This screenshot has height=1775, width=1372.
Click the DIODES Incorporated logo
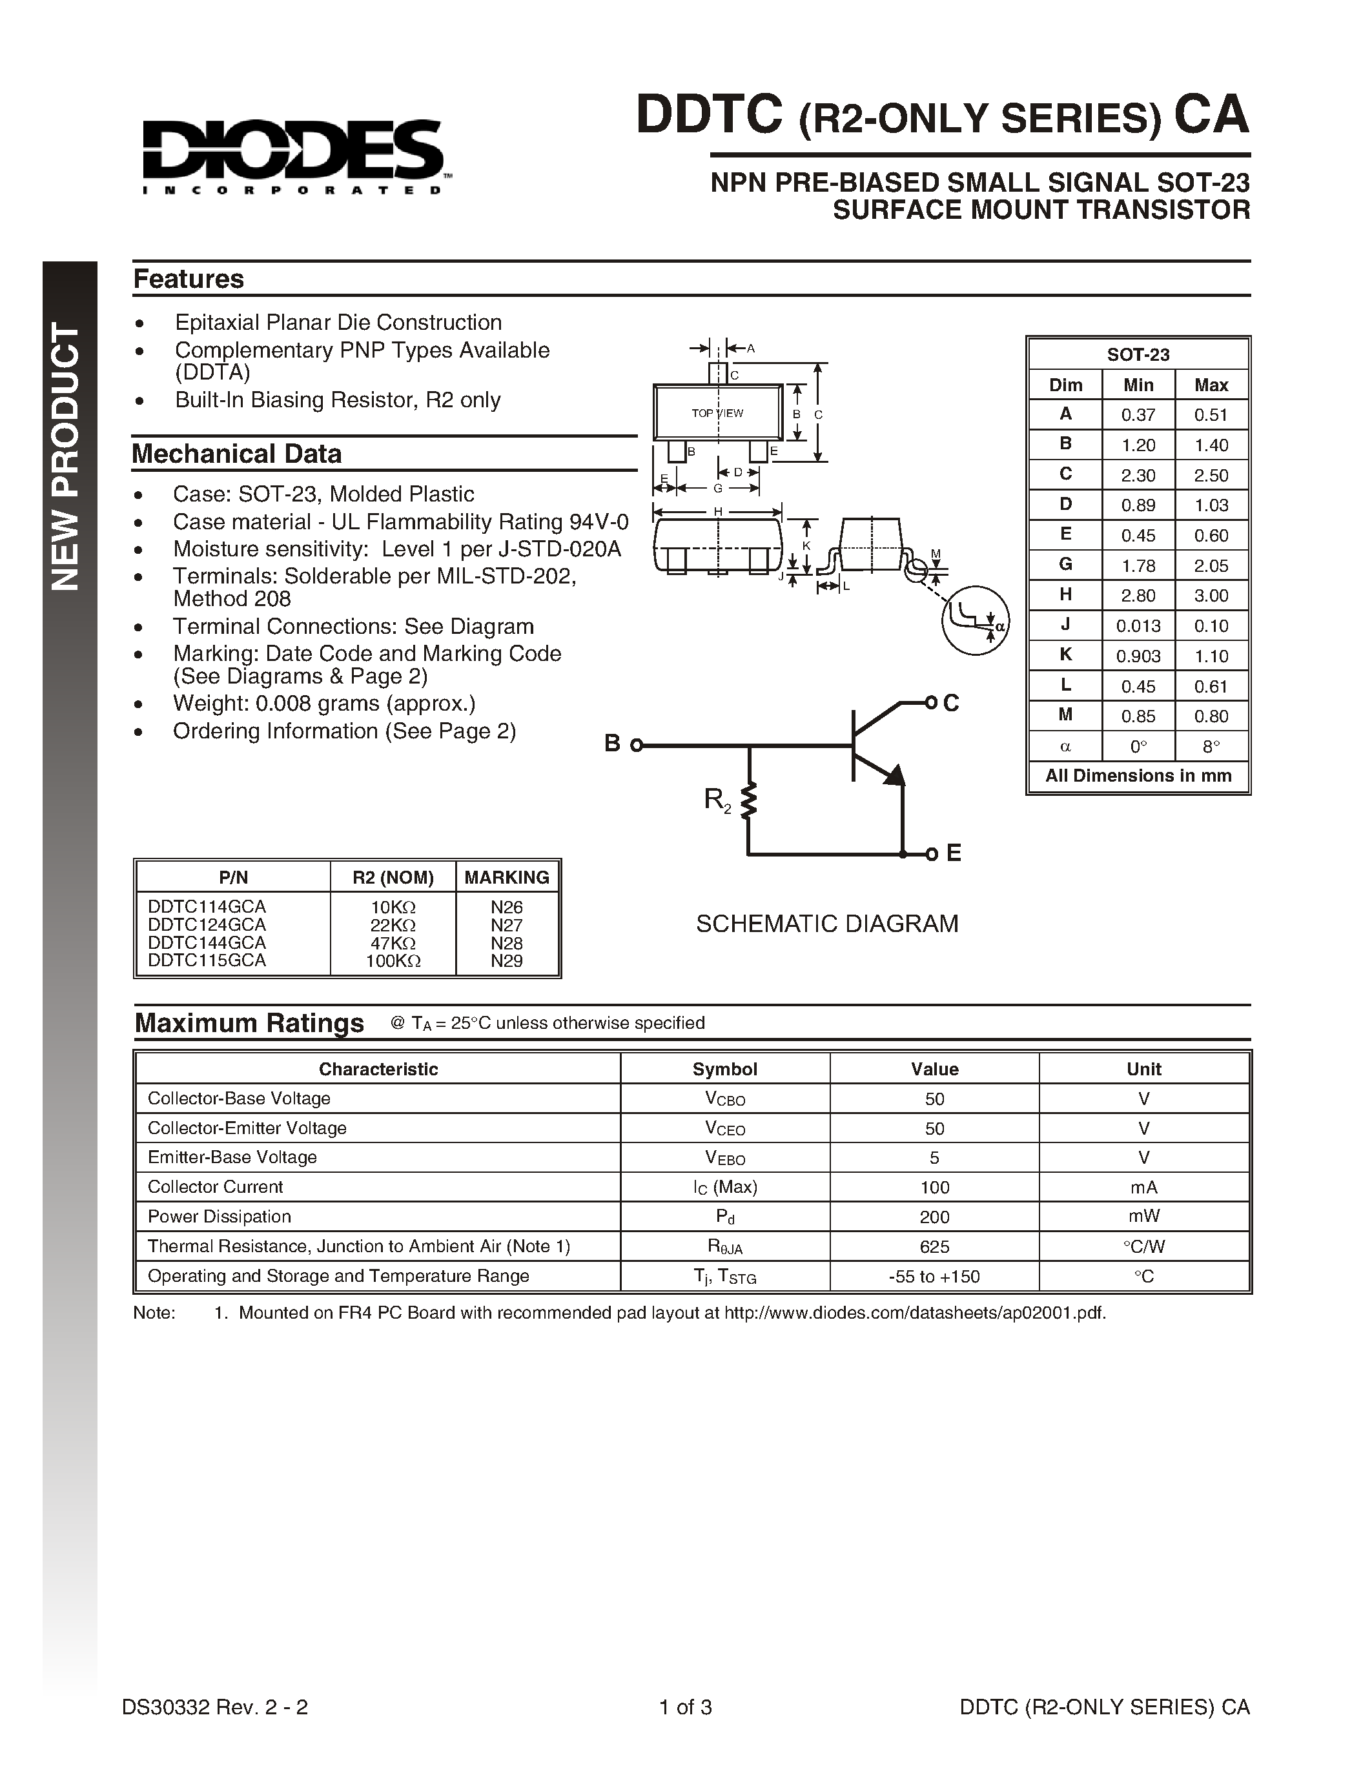tap(293, 157)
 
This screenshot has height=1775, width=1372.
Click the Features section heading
tap(189, 279)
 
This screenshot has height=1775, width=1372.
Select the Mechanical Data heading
tap(236, 454)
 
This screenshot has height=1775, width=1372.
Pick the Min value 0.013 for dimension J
tap(1138, 626)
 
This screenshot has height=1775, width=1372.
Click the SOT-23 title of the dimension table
tap(1138, 354)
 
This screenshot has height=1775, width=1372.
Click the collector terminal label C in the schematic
tap(951, 703)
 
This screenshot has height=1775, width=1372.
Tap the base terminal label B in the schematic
tap(613, 744)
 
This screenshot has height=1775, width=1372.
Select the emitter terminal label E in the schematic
tap(954, 853)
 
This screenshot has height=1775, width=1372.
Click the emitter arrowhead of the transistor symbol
tap(894, 775)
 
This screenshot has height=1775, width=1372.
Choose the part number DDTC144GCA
tap(207, 943)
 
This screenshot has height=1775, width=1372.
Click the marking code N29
tap(506, 960)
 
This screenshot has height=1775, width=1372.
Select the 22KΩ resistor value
tap(393, 925)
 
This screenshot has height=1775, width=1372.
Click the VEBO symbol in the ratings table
tap(724, 1158)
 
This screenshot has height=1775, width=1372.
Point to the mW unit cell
tap(1143, 1217)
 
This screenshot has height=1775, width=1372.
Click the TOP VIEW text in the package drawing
tap(717, 413)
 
